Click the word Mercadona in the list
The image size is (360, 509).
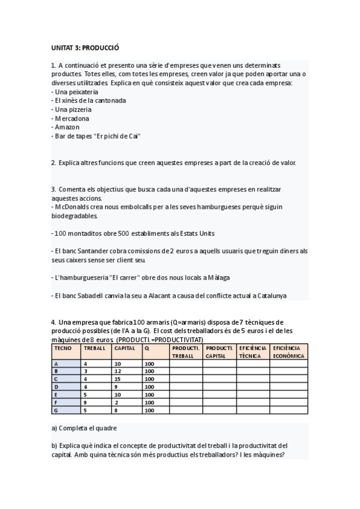[x=74, y=118]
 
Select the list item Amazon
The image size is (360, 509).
[x=67, y=127]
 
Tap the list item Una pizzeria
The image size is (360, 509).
[x=73, y=109]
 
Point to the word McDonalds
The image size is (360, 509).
[x=73, y=206]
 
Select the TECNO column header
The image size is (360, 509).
[x=63, y=348]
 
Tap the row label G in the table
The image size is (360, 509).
[x=56, y=410]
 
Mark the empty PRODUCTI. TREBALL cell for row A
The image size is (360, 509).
[x=186, y=363]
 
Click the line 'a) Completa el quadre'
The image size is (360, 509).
[x=84, y=428]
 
